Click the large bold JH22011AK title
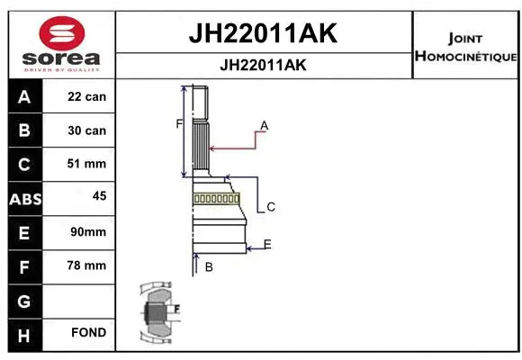[x=262, y=34]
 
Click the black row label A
[x=23, y=96]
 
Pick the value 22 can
[x=86, y=96]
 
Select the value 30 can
[x=86, y=130]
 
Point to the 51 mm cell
[x=86, y=164]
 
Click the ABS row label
[x=23, y=199]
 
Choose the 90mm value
[x=87, y=232]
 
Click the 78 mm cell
[x=86, y=265]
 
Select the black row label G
[x=23, y=300]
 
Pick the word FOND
[x=89, y=333]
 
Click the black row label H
[x=23, y=334]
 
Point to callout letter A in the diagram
[x=265, y=125]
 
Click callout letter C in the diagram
[x=270, y=207]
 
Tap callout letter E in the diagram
[x=267, y=244]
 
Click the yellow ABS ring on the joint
[x=216, y=198]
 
